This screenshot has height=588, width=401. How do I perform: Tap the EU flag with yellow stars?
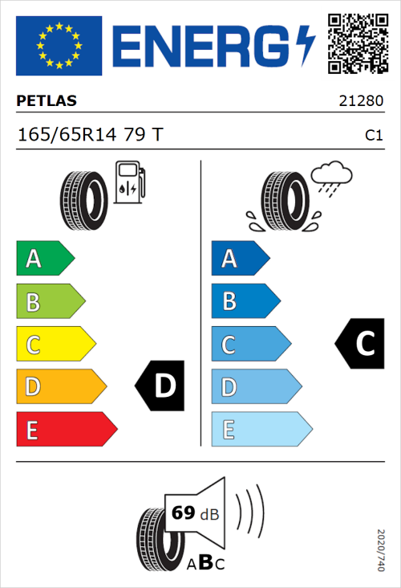click(x=59, y=46)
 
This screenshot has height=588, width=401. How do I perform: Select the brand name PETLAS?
click(x=47, y=101)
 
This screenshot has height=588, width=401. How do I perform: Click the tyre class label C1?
click(x=373, y=136)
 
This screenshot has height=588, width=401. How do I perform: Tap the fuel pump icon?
click(x=129, y=182)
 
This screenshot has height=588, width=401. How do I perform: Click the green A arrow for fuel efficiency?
click(x=44, y=259)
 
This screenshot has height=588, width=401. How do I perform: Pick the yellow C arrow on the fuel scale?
click(x=55, y=345)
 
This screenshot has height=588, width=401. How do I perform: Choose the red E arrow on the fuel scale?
click(x=66, y=430)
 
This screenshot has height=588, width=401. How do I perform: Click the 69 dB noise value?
click(x=192, y=513)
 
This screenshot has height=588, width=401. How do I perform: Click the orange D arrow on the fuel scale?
click(x=60, y=387)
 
